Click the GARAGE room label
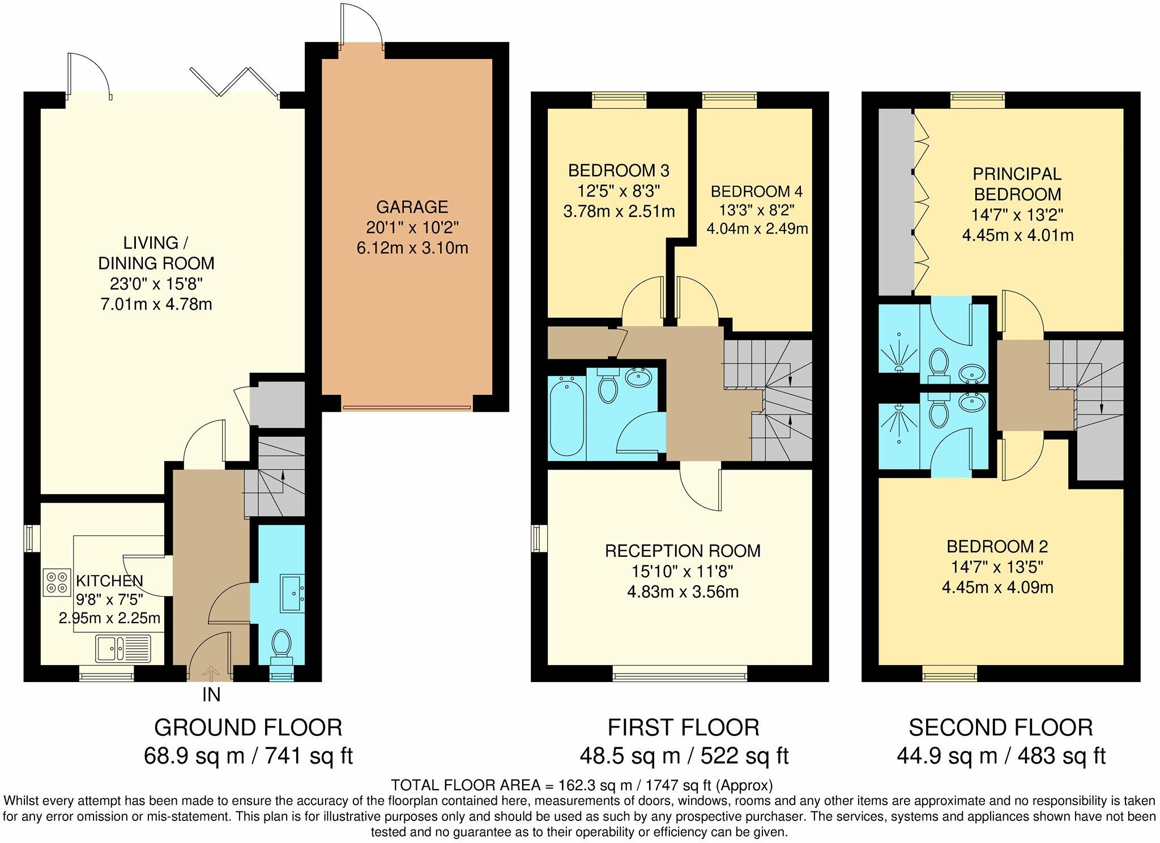[412, 207]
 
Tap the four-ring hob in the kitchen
[57, 582]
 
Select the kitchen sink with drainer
[123, 648]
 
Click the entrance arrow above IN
[211, 674]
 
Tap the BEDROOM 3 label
[619, 170]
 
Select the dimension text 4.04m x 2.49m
[757, 229]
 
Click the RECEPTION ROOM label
[683, 551]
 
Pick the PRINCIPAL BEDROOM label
[1017, 184]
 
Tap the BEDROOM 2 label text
[997, 547]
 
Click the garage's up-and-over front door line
[407, 407]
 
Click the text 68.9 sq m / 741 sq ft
[248, 756]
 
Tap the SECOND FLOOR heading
[1001, 727]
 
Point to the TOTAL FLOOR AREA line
[581, 785]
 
